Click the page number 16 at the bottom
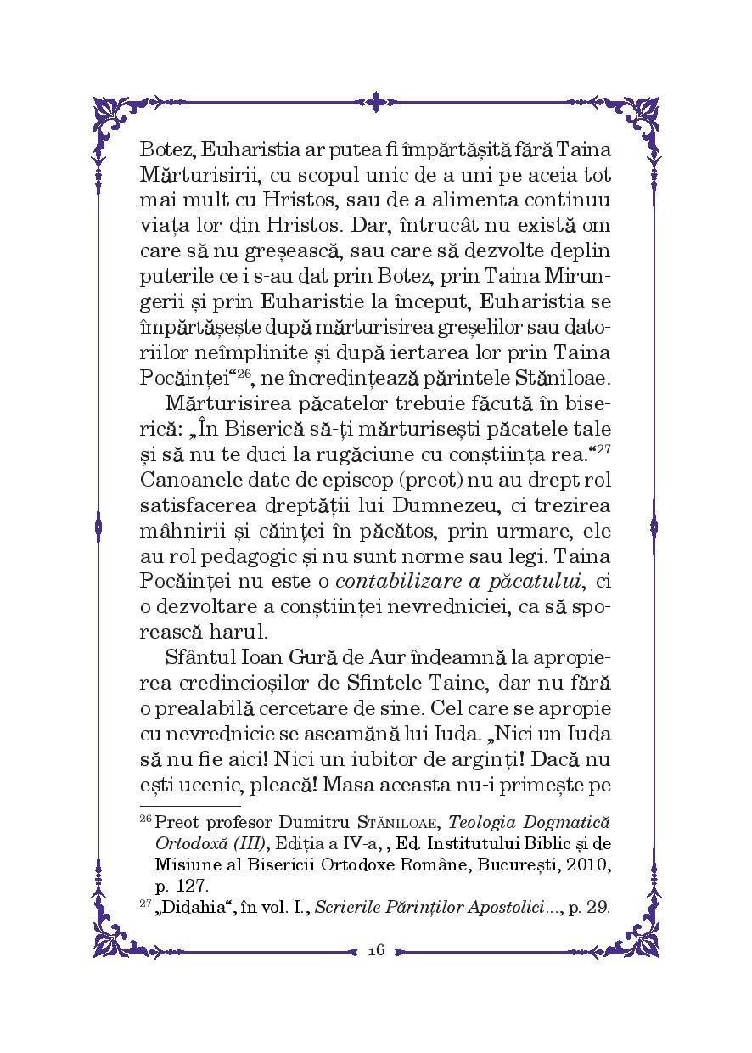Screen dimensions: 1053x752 [377, 950]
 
